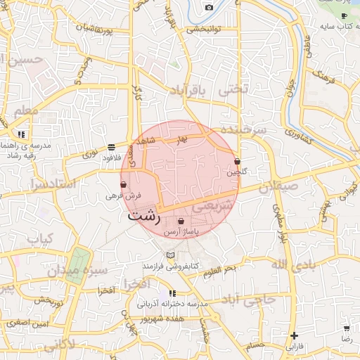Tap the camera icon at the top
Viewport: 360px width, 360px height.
coord(209,7)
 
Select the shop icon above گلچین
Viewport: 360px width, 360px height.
coord(237,161)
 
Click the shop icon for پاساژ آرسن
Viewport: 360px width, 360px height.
coord(181,221)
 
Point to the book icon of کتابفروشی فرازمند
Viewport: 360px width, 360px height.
coord(170,255)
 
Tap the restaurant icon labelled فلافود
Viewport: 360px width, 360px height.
coord(111,147)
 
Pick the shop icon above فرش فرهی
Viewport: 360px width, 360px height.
coord(123,184)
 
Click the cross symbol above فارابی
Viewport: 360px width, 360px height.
coord(294,335)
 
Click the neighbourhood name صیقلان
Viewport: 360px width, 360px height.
coord(278,188)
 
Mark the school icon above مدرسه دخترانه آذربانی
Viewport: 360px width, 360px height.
coord(172,292)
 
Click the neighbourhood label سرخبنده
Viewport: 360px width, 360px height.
coord(243,131)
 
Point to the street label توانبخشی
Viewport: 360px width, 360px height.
coord(205,30)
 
